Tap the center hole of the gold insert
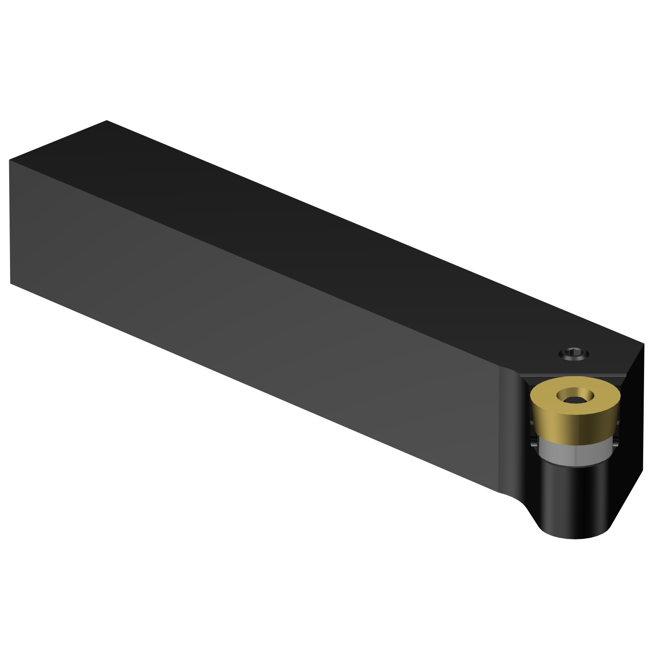[576, 398]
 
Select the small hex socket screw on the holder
[574, 353]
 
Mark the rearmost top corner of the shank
[107, 121]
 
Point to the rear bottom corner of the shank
[10, 283]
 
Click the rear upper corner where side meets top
[10, 160]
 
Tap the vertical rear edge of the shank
[10, 223]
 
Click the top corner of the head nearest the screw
[644, 344]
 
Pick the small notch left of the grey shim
[534, 441]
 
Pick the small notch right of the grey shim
[616, 441]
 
